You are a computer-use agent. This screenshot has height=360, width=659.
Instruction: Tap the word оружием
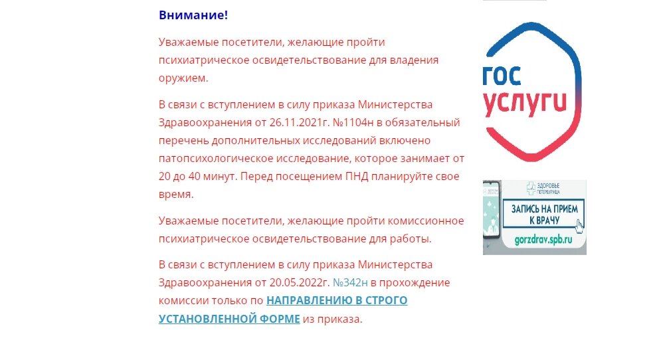(183, 78)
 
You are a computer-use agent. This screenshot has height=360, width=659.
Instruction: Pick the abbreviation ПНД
(365, 177)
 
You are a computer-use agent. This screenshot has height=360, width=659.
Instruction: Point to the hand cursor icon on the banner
(579, 225)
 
